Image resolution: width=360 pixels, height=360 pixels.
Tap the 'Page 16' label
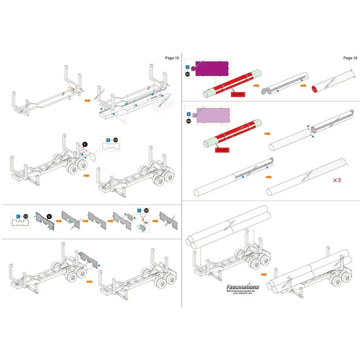(350, 58)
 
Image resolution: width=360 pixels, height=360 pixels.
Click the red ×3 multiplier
(337, 181)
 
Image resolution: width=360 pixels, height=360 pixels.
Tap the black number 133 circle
(187, 75)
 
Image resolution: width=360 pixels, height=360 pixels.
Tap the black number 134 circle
(187, 121)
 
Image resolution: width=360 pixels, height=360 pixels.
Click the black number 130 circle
(116, 140)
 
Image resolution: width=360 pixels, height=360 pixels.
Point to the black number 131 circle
(27, 216)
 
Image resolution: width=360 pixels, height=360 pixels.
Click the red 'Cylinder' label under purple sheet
(237, 95)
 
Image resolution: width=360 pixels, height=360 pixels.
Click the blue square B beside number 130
(108, 140)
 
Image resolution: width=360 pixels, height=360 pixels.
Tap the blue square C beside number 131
(19, 216)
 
